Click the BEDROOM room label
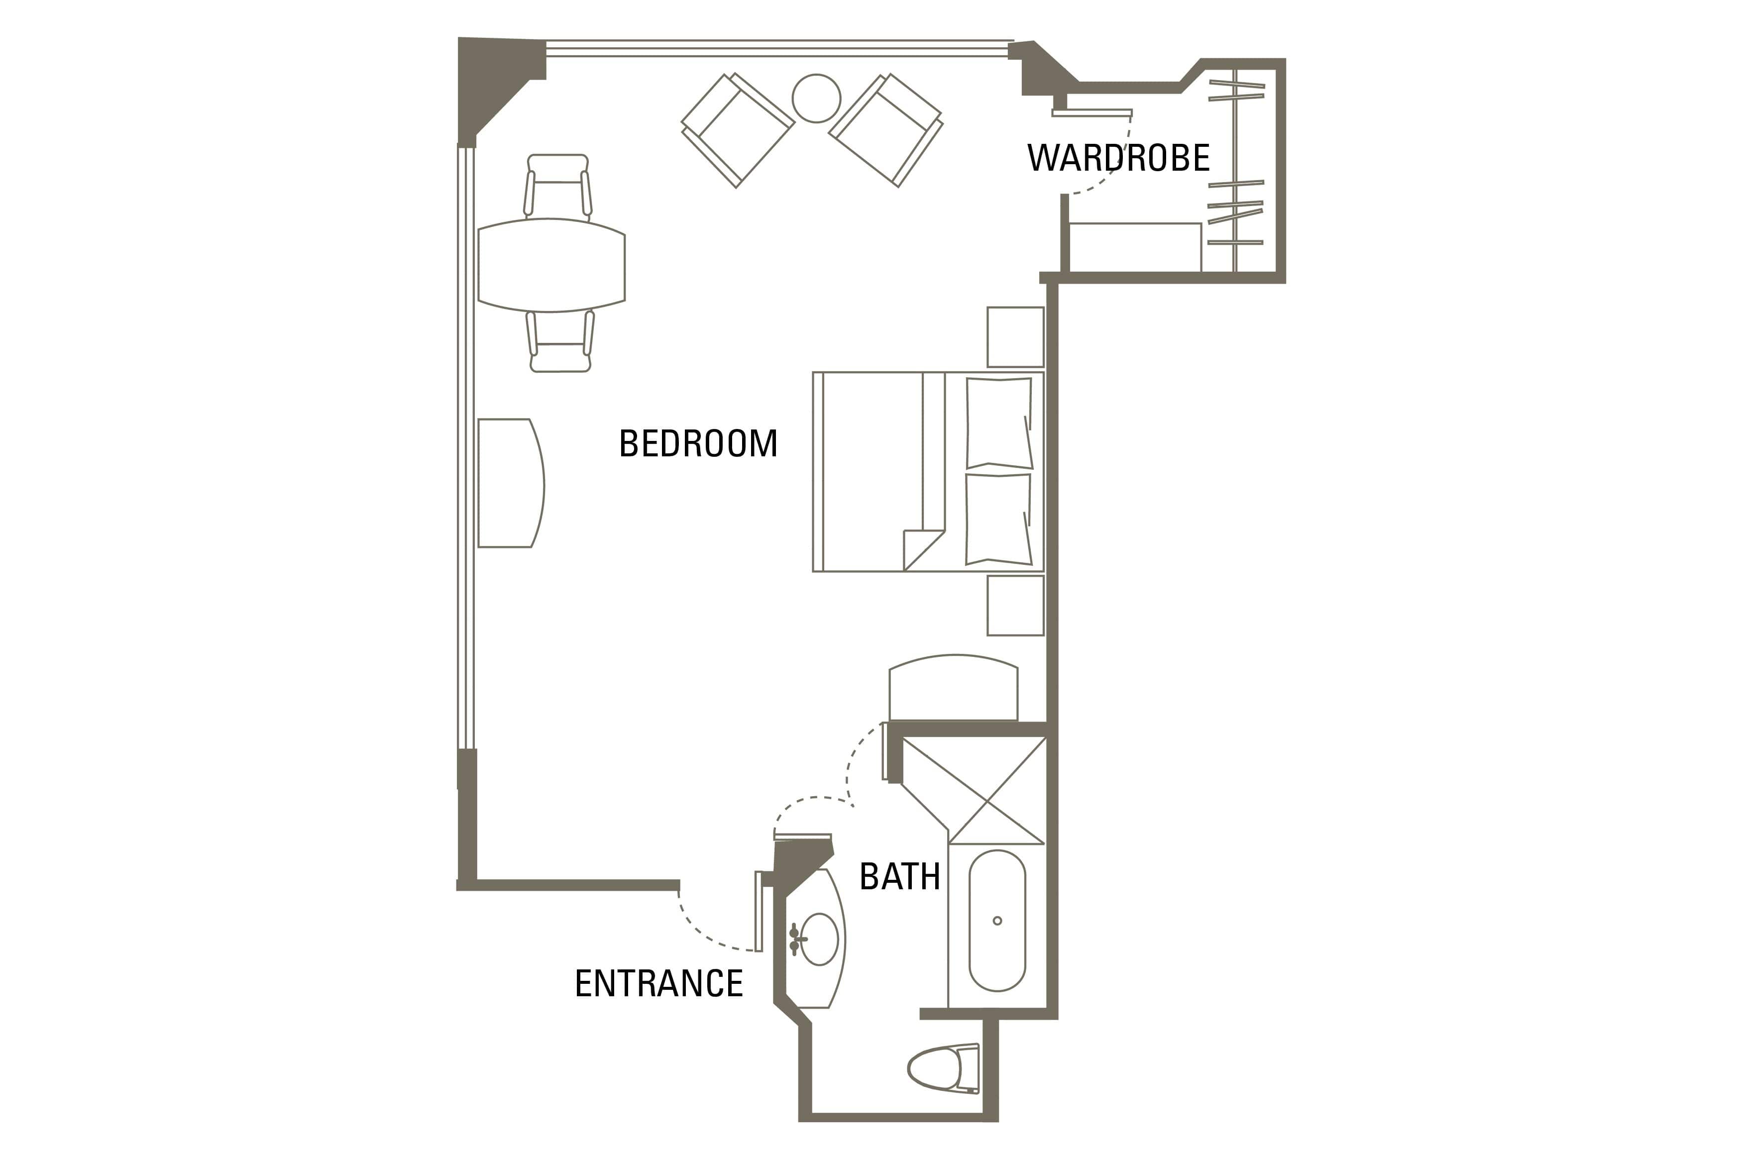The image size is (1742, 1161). click(x=698, y=443)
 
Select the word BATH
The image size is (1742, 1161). click(x=899, y=877)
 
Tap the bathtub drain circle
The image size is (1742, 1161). click(x=997, y=920)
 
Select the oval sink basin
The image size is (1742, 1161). click(x=819, y=939)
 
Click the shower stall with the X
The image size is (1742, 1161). click(x=974, y=790)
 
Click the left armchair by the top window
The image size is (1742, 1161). click(x=738, y=130)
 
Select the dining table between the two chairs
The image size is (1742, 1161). click(x=551, y=265)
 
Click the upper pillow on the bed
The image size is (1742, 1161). click(x=999, y=423)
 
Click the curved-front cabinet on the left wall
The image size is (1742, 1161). click(x=511, y=483)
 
